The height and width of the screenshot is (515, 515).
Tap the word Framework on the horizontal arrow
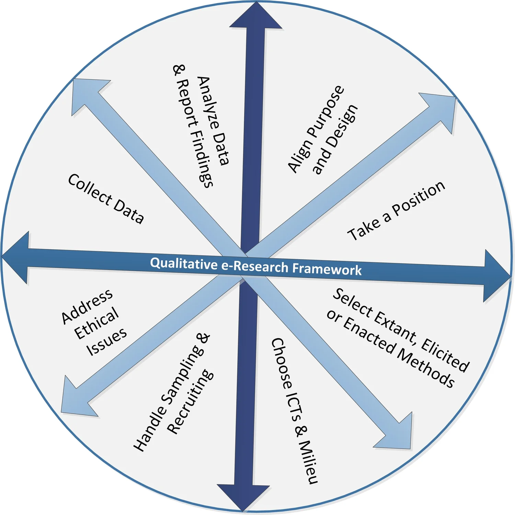click(327, 269)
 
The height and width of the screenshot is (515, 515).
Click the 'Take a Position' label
click(396, 211)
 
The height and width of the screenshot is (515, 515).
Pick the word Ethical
click(96, 323)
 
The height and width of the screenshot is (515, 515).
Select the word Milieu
click(308, 461)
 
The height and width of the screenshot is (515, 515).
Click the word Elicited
click(445, 355)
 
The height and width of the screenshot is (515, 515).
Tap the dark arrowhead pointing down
click(243, 496)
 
